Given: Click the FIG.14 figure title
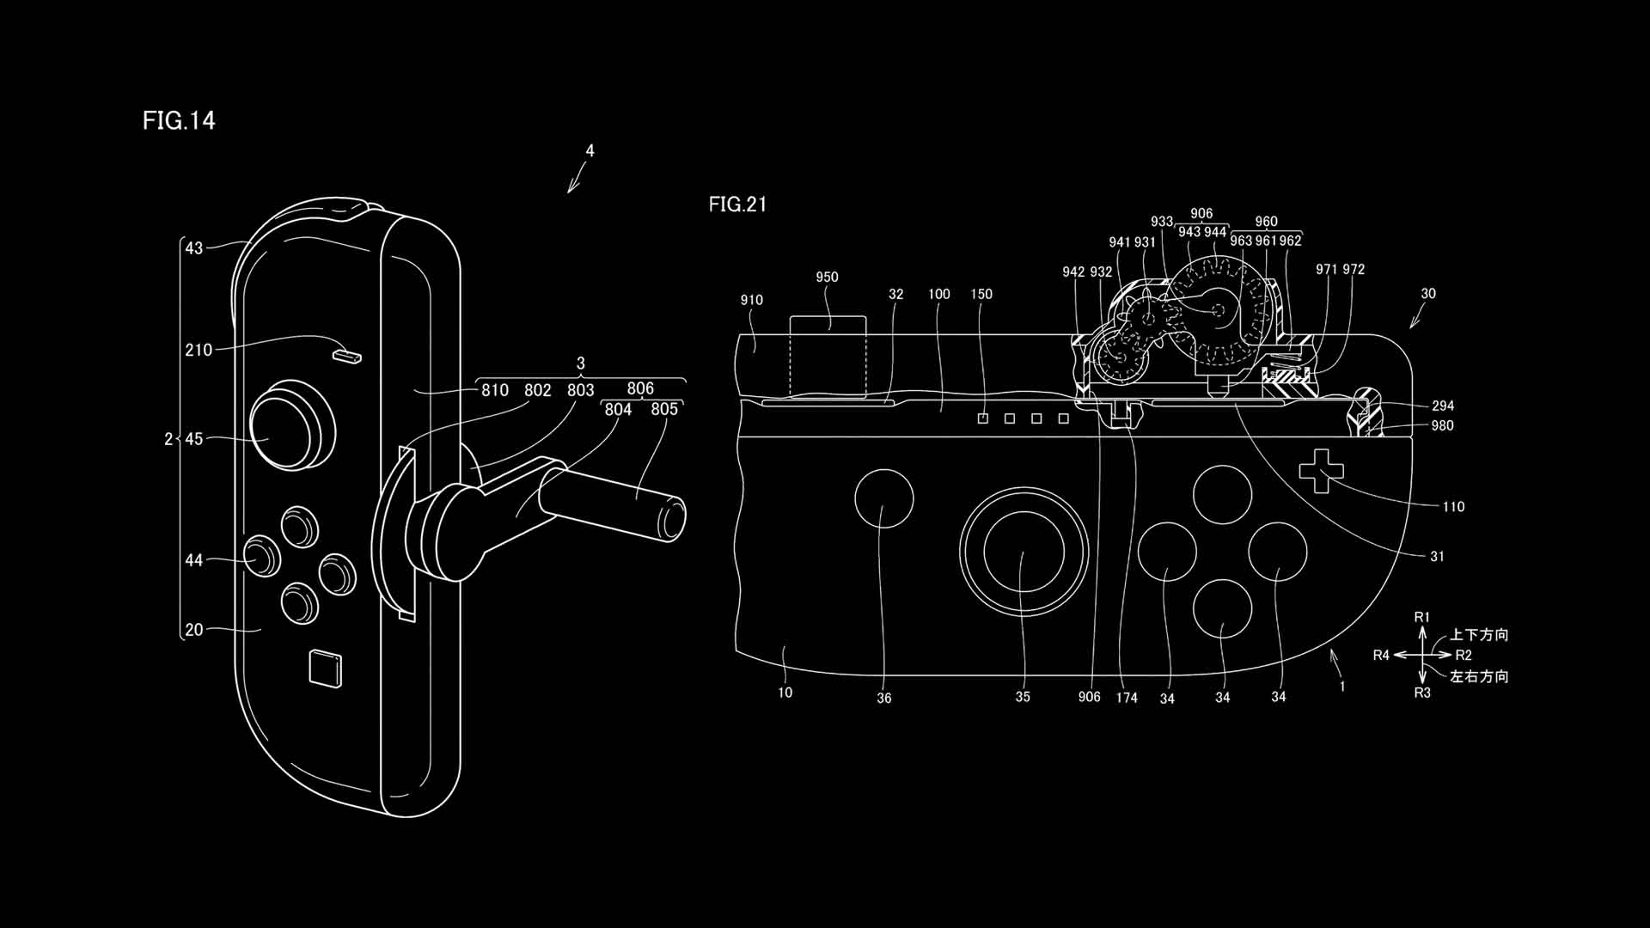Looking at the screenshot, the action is (x=179, y=120).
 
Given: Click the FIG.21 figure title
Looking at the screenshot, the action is (x=737, y=205).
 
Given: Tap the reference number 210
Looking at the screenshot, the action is (x=199, y=350).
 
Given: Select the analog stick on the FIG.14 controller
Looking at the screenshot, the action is (x=292, y=427).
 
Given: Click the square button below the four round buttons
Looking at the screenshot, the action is (x=326, y=669).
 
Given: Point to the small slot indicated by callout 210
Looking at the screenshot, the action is (x=348, y=355).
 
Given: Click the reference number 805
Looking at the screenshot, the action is (x=664, y=410).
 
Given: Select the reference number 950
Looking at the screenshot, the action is (x=827, y=277).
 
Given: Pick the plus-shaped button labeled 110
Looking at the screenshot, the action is (x=1315, y=471).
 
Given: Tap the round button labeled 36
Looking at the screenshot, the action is (x=884, y=498).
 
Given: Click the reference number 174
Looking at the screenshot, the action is (x=1127, y=698).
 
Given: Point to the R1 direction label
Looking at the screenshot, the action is (x=1422, y=617).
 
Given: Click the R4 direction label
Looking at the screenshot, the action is (x=1381, y=656).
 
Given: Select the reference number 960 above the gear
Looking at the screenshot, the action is (x=1266, y=222).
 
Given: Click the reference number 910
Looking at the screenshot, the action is (x=751, y=300).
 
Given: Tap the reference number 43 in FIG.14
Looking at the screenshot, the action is (x=194, y=248).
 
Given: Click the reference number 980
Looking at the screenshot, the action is (x=1443, y=425).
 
